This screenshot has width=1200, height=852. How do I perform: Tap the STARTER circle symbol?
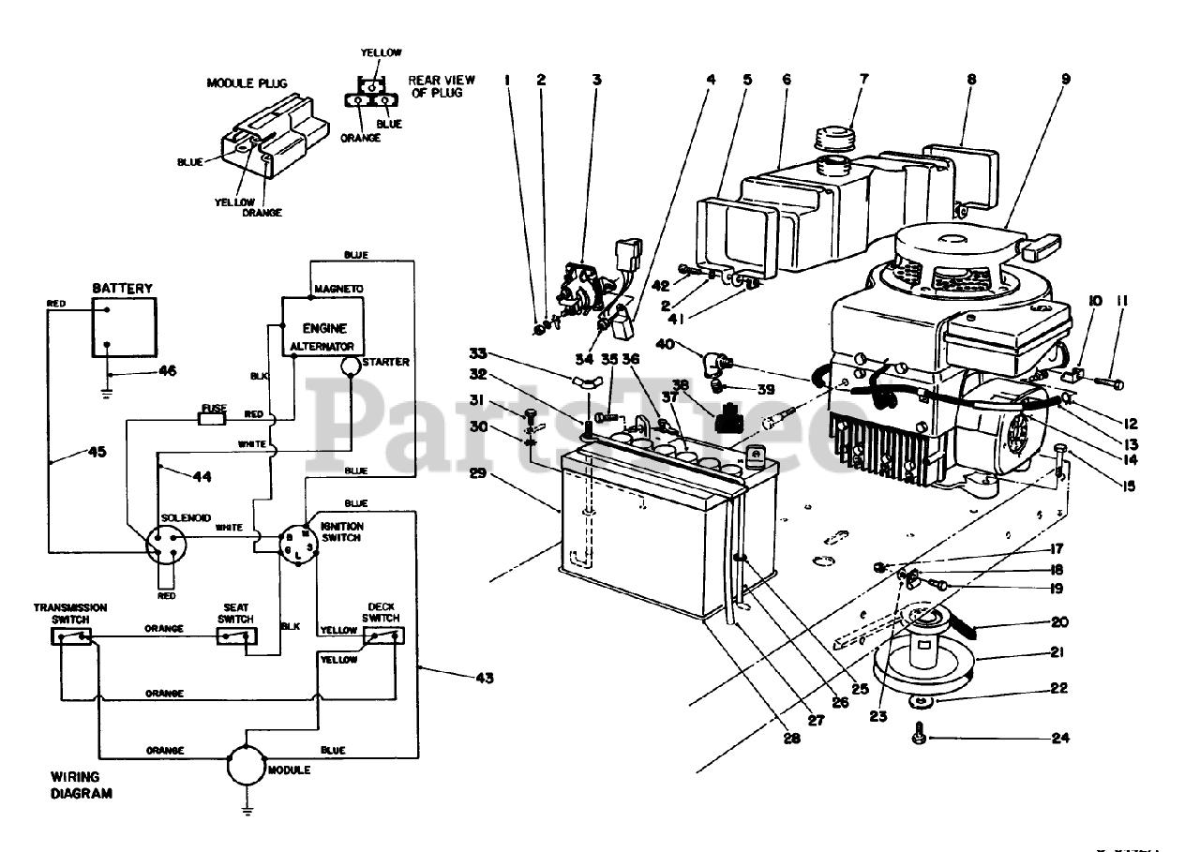pyautogui.click(x=350, y=366)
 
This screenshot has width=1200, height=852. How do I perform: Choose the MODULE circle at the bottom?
pyautogui.click(x=245, y=766)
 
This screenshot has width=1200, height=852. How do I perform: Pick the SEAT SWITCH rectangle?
pyautogui.click(x=236, y=637)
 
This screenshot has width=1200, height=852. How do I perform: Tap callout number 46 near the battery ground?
pyautogui.click(x=167, y=371)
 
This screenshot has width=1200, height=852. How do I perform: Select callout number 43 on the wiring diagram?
pyautogui.click(x=485, y=677)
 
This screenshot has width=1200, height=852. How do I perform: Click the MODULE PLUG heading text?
pyautogui.click(x=247, y=83)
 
